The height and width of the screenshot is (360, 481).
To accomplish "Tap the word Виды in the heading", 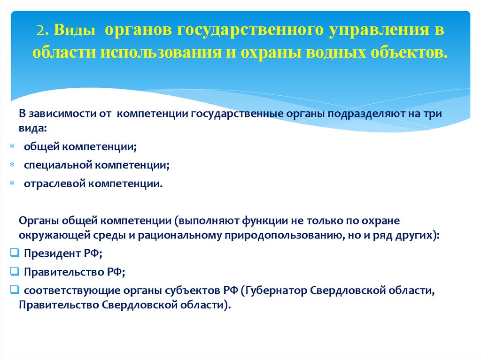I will (71, 31).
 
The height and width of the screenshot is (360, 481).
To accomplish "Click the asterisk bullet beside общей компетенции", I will (12, 147).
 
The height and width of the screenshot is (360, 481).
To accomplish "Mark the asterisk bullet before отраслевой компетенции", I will (12, 184).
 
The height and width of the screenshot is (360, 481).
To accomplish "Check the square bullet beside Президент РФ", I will (14, 253).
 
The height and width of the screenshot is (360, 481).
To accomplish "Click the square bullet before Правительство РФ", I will (14, 271).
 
